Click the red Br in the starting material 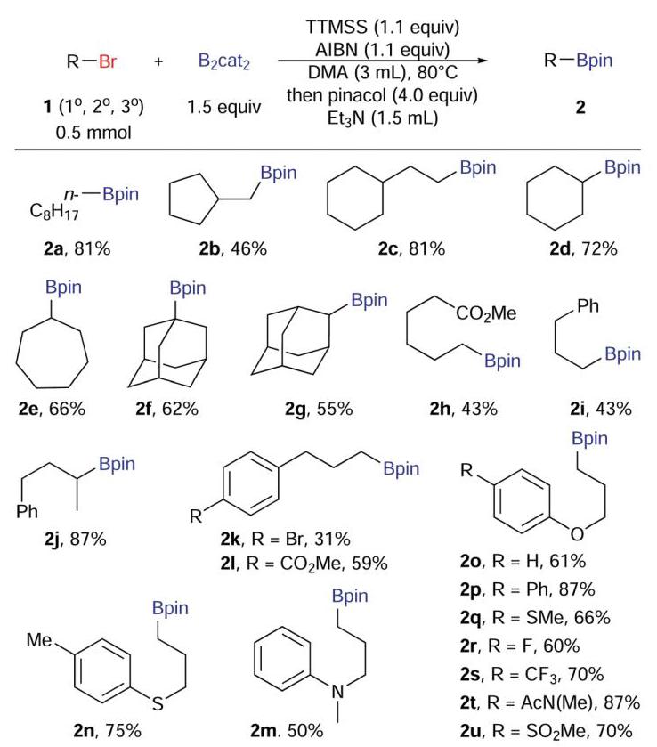108,61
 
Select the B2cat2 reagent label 224,62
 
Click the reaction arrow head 483,61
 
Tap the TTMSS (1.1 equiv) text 383,27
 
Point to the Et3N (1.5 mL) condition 383,118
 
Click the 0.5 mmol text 93,132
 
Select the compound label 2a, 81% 77,248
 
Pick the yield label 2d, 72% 583,248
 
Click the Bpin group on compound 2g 369,300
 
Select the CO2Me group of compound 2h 486,313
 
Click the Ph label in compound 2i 588,306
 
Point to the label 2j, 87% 76,539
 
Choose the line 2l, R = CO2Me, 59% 304,564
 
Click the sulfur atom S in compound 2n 158,702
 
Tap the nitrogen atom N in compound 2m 337,692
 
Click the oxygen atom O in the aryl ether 577,534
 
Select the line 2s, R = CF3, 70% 531,674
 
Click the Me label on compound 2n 38,640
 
